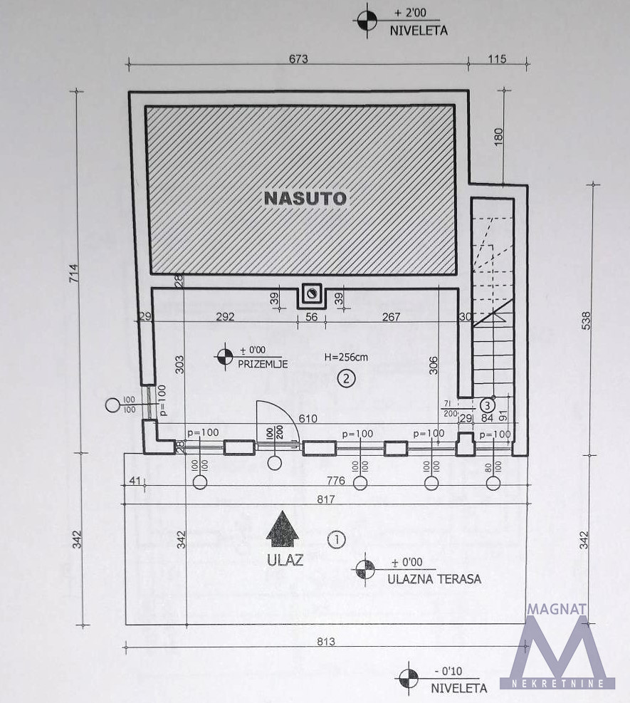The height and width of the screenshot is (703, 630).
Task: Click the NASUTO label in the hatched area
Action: (x=305, y=198)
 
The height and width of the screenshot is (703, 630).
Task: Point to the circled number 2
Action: (x=346, y=378)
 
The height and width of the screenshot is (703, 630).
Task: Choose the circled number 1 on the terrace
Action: (x=336, y=539)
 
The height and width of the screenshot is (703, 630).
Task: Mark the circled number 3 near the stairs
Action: (x=488, y=406)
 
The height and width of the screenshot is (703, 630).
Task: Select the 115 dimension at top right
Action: (x=496, y=60)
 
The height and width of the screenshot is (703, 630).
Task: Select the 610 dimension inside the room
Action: (x=308, y=420)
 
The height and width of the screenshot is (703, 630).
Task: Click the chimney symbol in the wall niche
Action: (x=312, y=292)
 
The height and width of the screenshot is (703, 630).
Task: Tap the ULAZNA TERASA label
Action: (x=434, y=579)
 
